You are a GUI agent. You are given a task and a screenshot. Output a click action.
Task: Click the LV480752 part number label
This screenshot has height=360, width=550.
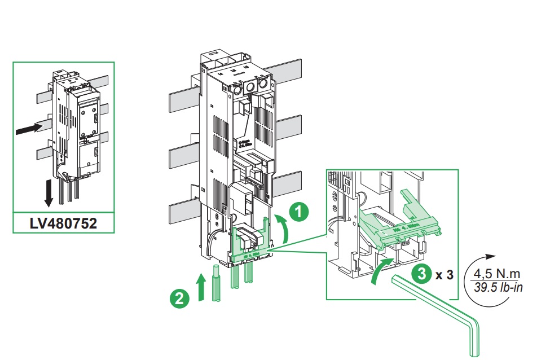(x=63, y=223)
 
